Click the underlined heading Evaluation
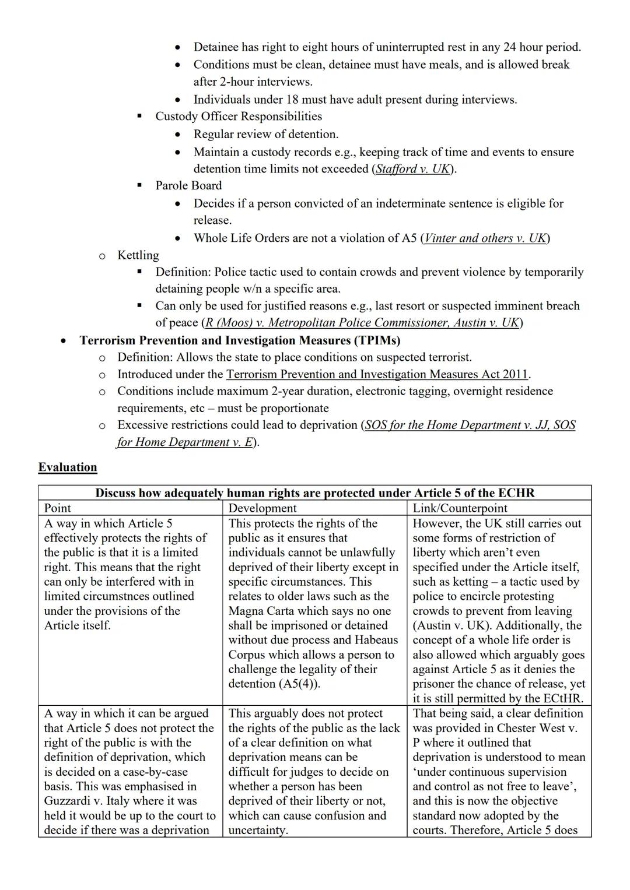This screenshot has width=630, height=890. (x=68, y=467)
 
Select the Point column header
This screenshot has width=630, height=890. (x=58, y=508)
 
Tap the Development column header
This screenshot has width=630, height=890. (x=262, y=508)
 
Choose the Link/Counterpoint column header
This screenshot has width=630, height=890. (x=460, y=508)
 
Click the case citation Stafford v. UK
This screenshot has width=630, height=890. (x=412, y=169)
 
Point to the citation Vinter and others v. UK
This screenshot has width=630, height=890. (x=485, y=238)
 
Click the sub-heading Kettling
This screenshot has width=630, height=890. (x=138, y=255)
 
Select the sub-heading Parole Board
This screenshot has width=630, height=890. (x=188, y=185)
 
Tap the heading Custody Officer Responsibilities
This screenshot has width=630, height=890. (x=239, y=116)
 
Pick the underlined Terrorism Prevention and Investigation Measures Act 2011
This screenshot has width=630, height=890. (x=377, y=374)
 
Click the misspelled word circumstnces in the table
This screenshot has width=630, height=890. (x=156, y=596)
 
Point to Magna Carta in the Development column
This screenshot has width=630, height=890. (x=262, y=611)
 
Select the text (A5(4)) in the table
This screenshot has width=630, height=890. (x=299, y=684)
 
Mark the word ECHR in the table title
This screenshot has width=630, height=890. (x=515, y=493)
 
